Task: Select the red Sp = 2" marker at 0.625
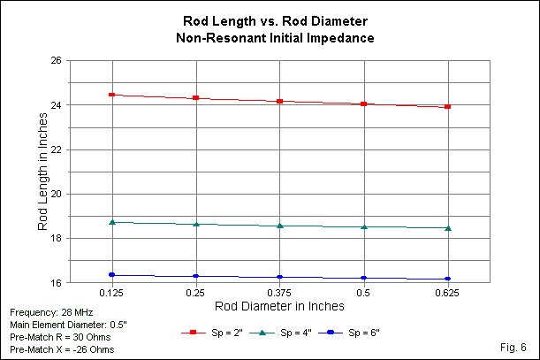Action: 448,106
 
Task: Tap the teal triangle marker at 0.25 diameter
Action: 196,224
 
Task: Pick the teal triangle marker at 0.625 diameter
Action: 448,228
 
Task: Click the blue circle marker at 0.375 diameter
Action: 280,277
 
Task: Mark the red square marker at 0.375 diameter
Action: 280,101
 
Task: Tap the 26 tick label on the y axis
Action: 55,61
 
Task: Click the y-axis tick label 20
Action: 55,195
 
